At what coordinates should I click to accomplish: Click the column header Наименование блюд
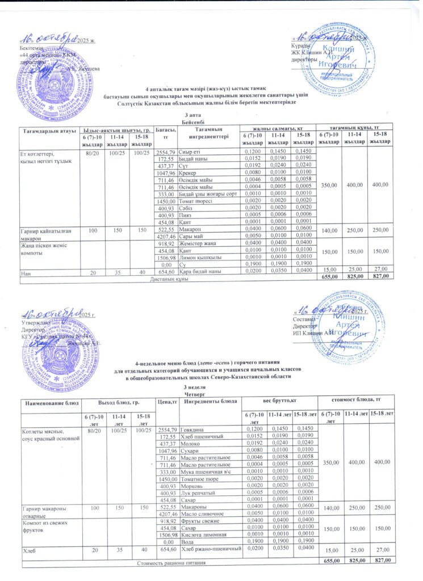pyautogui.click(x=49, y=402)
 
